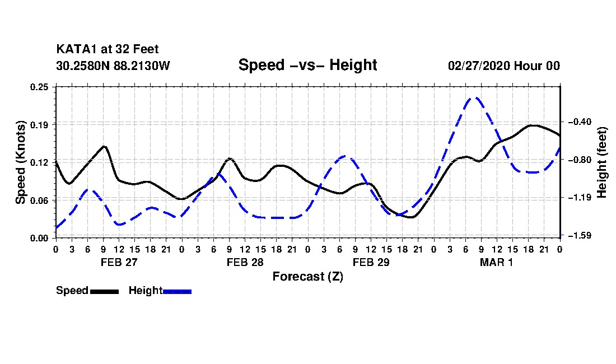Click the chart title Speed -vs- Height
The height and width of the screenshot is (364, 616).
point(307,65)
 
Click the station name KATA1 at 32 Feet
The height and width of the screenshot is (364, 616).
point(108,49)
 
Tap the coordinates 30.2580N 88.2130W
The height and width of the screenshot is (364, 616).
point(113,66)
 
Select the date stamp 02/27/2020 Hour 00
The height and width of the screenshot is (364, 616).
point(504,66)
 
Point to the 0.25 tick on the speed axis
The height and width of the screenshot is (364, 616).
point(39,87)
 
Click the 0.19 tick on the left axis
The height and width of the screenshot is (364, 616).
point(39,125)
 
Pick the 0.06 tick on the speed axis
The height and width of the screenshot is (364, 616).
point(39,200)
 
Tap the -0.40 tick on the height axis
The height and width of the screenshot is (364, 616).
point(580,122)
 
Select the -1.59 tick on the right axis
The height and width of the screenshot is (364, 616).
point(580,236)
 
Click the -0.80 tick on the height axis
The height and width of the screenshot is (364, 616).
point(580,160)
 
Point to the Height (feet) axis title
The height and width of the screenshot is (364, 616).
point(602,162)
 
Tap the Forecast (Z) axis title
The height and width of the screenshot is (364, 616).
point(308,277)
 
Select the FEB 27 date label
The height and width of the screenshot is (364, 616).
point(119,262)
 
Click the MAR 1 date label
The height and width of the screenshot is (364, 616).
point(497,262)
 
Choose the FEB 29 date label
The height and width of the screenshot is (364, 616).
point(371,262)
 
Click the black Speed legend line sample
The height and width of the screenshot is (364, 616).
point(105,291)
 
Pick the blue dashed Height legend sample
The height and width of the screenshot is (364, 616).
point(177,291)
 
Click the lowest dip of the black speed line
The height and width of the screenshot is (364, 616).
point(411,217)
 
